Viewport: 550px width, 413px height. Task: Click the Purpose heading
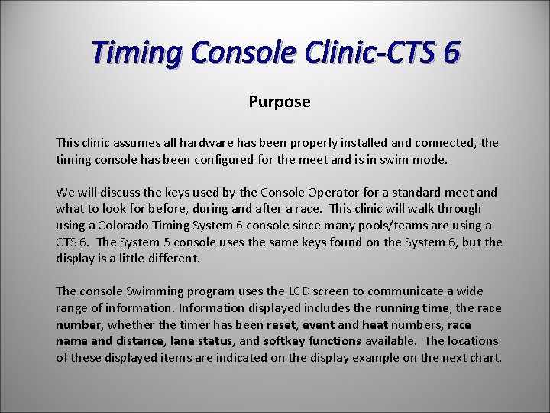coord(280,102)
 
